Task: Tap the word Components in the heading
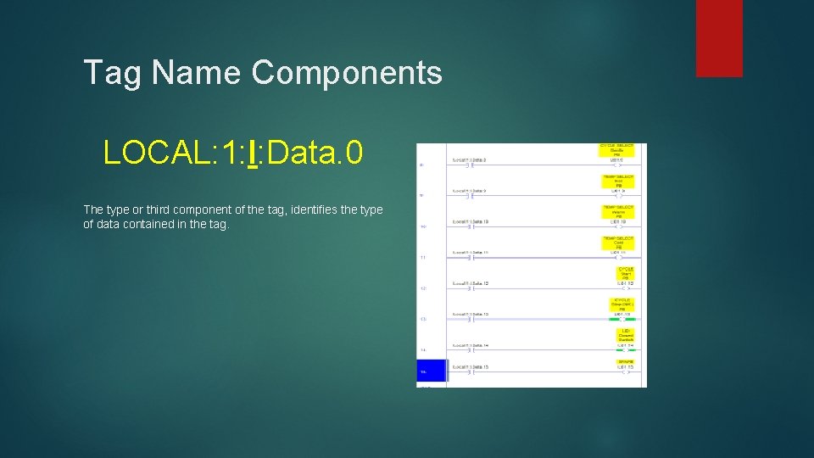pyautogui.click(x=346, y=73)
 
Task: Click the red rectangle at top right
pyautogui.click(x=719, y=38)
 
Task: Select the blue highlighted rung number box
pyautogui.click(x=432, y=371)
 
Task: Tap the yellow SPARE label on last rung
pyautogui.click(x=626, y=361)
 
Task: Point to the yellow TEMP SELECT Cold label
pyautogui.click(x=618, y=243)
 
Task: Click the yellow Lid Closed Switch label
pyautogui.click(x=625, y=335)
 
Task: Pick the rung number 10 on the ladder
pyautogui.click(x=422, y=226)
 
